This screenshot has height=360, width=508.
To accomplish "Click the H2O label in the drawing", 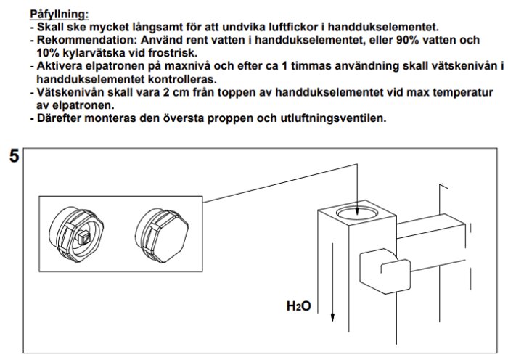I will pyautogui.click(x=298, y=307).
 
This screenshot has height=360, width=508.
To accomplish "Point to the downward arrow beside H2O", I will pyautogui.click(x=332, y=282).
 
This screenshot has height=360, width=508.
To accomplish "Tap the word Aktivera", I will pyautogui.click(x=60, y=65).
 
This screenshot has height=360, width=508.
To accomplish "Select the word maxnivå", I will pyautogui.click(x=187, y=65).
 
